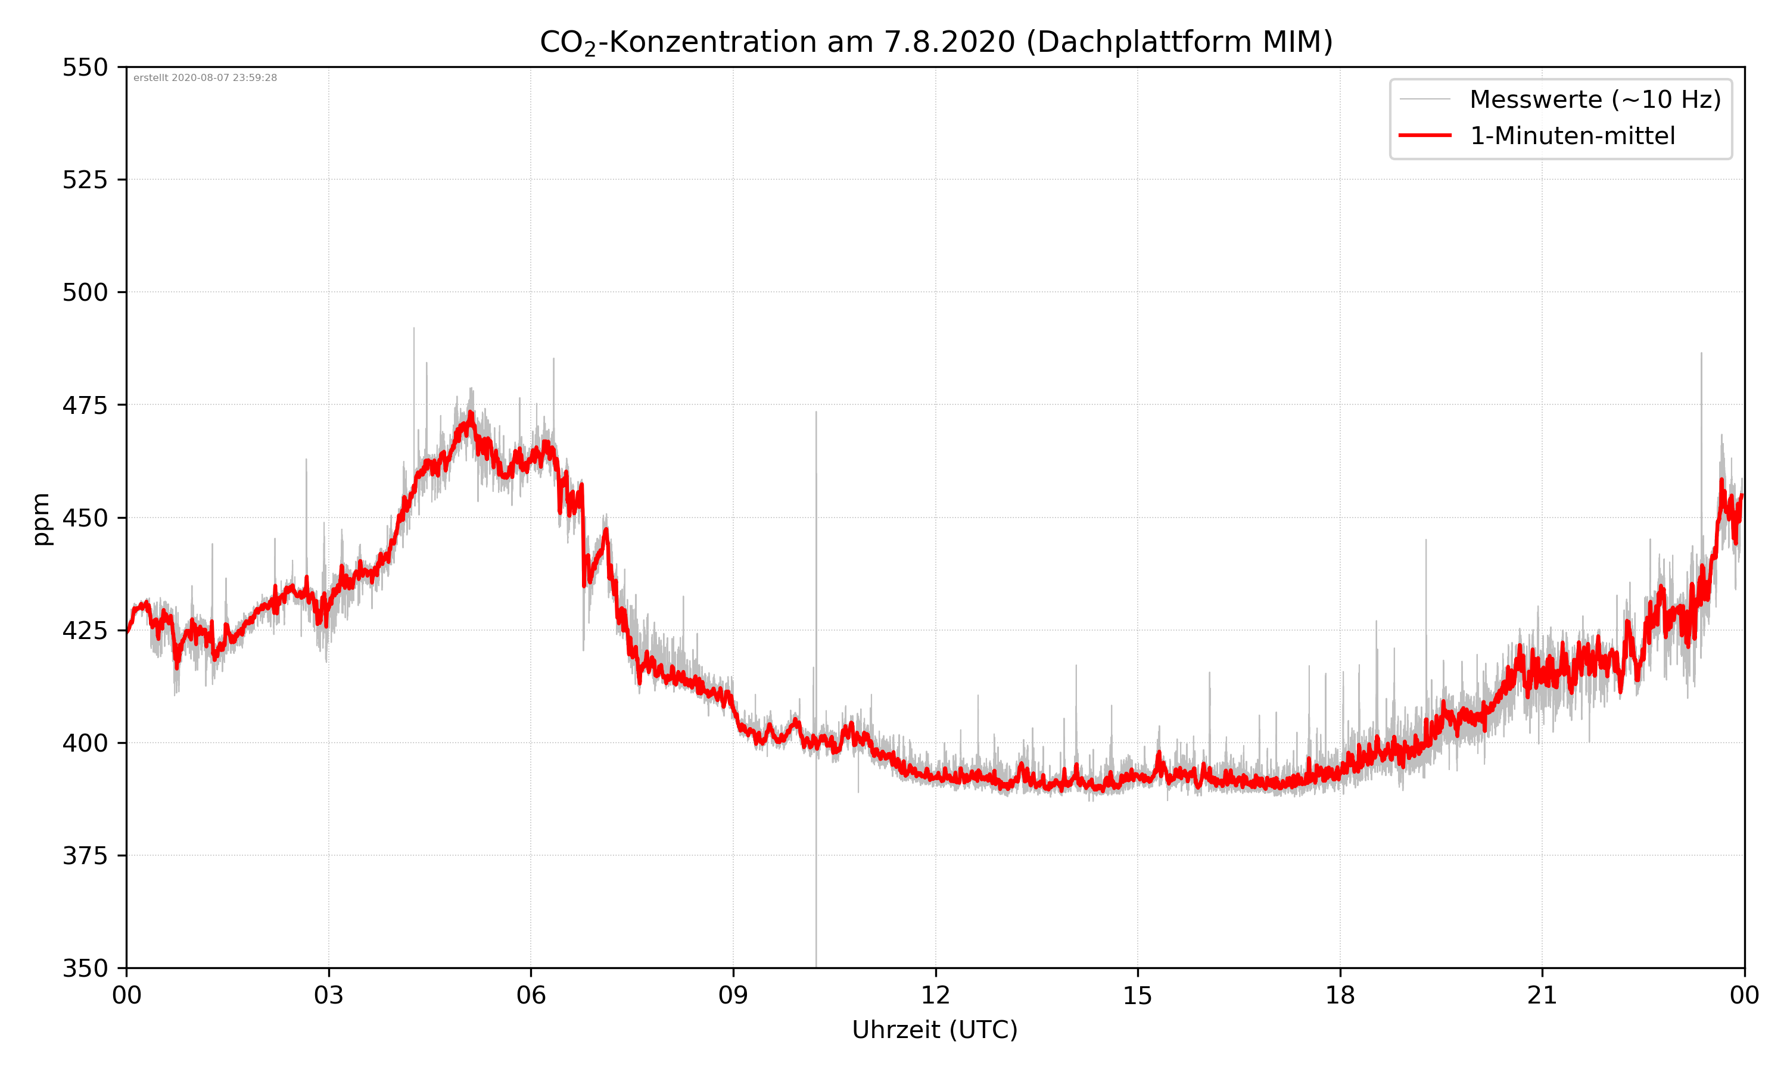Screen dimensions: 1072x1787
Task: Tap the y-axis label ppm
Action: point(41,518)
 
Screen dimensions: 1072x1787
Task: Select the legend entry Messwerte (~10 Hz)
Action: point(1595,99)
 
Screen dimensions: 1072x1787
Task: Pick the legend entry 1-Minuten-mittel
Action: point(1572,136)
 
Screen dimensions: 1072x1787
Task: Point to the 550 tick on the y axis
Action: point(85,68)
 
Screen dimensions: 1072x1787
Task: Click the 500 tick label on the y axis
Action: point(85,292)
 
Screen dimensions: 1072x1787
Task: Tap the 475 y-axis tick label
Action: point(85,405)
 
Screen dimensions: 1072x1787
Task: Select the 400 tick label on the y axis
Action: point(85,743)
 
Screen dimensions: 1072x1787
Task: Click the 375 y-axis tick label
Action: point(85,856)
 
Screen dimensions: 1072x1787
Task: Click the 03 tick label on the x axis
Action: point(329,995)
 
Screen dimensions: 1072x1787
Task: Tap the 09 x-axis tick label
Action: point(733,995)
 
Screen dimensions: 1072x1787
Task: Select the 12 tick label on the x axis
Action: point(935,995)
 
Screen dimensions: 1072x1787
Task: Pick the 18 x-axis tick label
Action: point(1340,995)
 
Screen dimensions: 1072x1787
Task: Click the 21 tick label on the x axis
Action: point(1542,995)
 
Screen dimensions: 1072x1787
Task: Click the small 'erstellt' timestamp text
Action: point(205,78)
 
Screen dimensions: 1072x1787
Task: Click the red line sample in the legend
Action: point(1424,135)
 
